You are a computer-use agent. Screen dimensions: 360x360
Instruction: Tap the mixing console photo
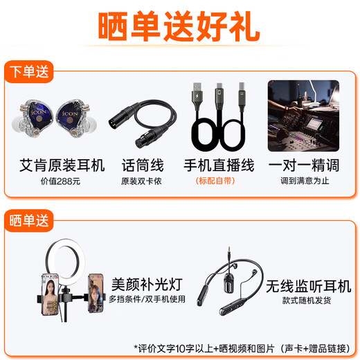point(303,116)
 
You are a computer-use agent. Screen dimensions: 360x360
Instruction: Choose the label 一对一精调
point(305,165)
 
